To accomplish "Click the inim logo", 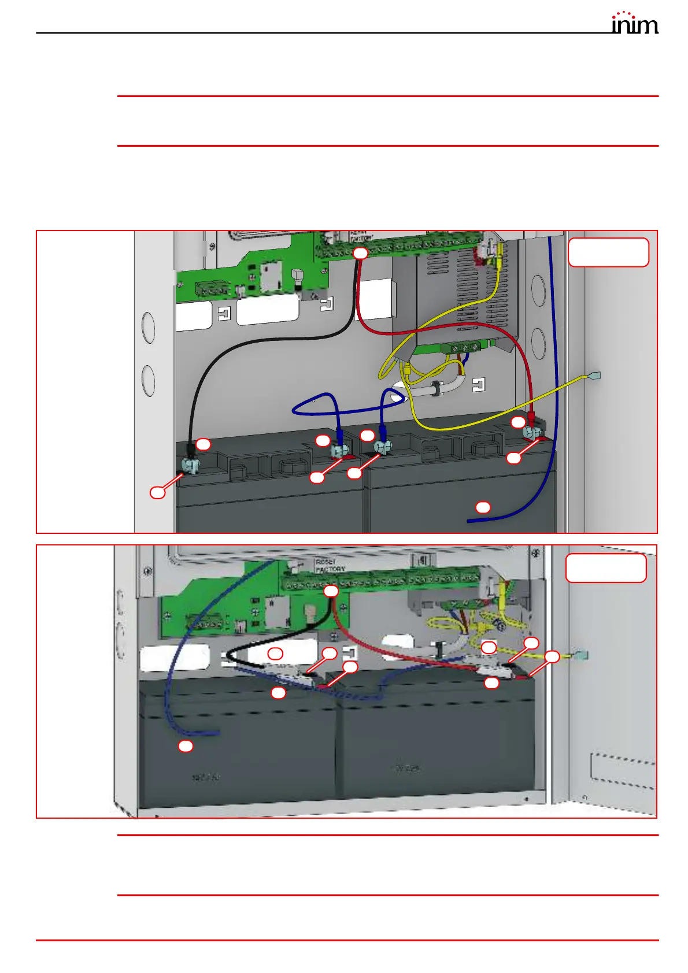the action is click(x=634, y=23).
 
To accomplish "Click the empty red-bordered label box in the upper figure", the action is click(x=608, y=252).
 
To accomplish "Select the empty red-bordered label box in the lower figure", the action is click(x=605, y=568).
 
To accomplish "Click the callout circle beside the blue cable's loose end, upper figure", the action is click(x=483, y=507).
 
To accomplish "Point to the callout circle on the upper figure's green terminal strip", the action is click(x=360, y=253).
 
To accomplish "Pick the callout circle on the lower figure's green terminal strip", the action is click(x=331, y=591).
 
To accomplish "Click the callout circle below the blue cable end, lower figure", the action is click(x=185, y=746).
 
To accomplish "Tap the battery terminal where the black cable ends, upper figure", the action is click(x=190, y=463).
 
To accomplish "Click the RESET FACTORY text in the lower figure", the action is click(x=330, y=566).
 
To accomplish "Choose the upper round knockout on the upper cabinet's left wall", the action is click(x=148, y=328).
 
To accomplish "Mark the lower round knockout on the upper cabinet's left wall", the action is click(x=148, y=381).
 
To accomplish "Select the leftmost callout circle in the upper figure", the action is click(x=157, y=492).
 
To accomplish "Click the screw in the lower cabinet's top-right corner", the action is click(x=538, y=553).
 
